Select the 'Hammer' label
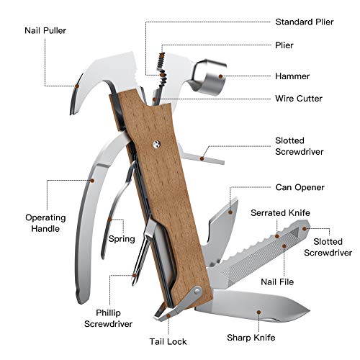point(292,75)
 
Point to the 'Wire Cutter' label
point(300,99)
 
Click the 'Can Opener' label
point(300,187)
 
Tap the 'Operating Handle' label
point(45,223)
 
